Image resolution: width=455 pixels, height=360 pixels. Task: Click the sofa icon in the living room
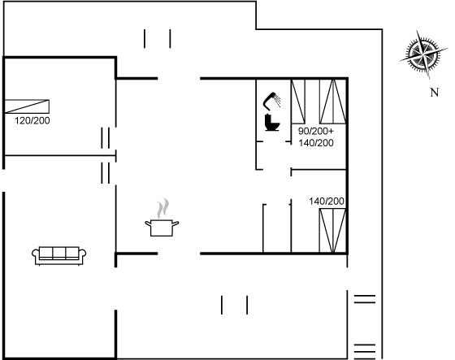[58, 256]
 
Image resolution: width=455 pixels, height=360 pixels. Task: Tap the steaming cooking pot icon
[162, 218]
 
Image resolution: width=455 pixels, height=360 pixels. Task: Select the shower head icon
[272, 101]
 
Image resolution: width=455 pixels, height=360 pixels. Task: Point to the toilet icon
[272, 123]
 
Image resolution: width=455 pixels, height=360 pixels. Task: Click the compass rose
[423, 54]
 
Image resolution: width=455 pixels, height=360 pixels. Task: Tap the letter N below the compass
[434, 93]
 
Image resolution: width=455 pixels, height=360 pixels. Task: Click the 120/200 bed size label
[32, 120]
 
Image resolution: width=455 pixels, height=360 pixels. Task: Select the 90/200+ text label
[316, 131]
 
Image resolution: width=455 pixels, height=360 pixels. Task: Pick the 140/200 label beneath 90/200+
[316, 143]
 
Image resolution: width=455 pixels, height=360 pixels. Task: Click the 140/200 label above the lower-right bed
[327, 202]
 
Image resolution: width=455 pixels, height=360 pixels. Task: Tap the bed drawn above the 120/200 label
[27, 106]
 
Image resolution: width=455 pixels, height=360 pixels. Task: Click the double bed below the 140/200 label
[332, 231]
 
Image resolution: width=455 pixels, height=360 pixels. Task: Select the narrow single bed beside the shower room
[298, 102]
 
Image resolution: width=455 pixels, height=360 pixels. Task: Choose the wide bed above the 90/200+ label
[332, 102]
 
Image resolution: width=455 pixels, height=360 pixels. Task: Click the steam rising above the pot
[162, 208]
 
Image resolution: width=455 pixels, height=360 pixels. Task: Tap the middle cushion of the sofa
[58, 253]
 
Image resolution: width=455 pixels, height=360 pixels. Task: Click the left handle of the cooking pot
[148, 223]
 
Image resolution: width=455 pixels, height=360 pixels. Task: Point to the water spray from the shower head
[277, 100]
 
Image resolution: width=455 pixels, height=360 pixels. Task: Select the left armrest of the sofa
[36, 255]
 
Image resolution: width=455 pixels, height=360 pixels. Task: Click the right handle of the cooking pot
[175, 223]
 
